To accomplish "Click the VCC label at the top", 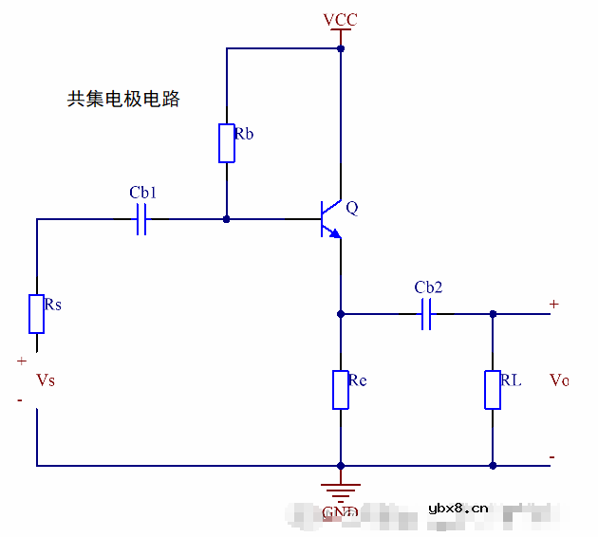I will click(x=340, y=20).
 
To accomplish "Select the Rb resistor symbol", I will click(x=227, y=143).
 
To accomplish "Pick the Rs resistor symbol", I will click(x=36, y=314).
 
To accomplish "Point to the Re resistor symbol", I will click(x=341, y=390).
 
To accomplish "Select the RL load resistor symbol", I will click(x=493, y=390).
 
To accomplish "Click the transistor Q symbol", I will click(x=330, y=218).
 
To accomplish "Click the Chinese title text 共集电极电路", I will click(x=123, y=99).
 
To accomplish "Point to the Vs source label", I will click(x=45, y=380).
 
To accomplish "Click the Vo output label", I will click(x=559, y=380).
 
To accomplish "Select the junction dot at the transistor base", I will click(x=227, y=219).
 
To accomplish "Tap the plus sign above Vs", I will click(x=21, y=361).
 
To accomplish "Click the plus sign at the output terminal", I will click(x=553, y=304).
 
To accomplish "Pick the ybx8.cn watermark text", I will click(x=458, y=508).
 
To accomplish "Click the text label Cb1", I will click(x=142, y=193).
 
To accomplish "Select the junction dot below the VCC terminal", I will click(x=341, y=47).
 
